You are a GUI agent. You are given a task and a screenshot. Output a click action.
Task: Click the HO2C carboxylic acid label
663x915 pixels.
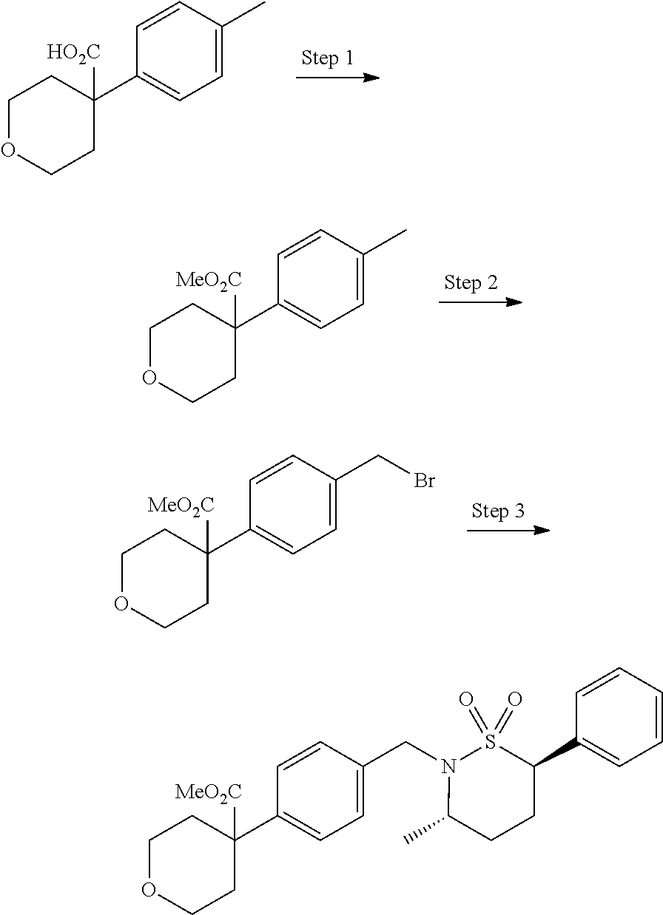[x=74, y=52]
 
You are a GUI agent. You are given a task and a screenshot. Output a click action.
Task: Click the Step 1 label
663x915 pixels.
[x=327, y=58]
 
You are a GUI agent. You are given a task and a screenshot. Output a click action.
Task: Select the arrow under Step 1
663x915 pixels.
[x=337, y=77]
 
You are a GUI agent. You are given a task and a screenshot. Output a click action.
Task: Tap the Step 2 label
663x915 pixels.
[x=471, y=283]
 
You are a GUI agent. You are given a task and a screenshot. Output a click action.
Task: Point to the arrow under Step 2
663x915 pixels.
[x=480, y=302]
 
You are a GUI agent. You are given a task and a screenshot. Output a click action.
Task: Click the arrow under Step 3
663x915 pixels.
[x=508, y=530]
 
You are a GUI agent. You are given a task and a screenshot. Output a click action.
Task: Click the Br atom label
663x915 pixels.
[x=424, y=482]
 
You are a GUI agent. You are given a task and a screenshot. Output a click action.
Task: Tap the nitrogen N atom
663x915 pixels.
[x=446, y=768]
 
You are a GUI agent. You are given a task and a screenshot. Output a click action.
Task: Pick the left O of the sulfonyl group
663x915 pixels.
[x=465, y=698]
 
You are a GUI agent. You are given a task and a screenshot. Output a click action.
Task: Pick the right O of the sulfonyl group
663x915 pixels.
[x=515, y=698]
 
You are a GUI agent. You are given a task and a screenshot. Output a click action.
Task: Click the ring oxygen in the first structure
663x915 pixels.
[x=8, y=152]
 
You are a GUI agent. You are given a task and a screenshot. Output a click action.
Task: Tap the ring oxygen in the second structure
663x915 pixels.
[x=149, y=379]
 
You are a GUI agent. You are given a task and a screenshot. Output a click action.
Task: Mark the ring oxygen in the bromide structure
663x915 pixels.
[x=121, y=605]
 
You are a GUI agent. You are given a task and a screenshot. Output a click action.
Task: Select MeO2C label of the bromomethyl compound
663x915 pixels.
[x=181, y=506]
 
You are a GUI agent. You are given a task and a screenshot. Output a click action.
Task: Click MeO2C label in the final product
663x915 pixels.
[x=208, y=794]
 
